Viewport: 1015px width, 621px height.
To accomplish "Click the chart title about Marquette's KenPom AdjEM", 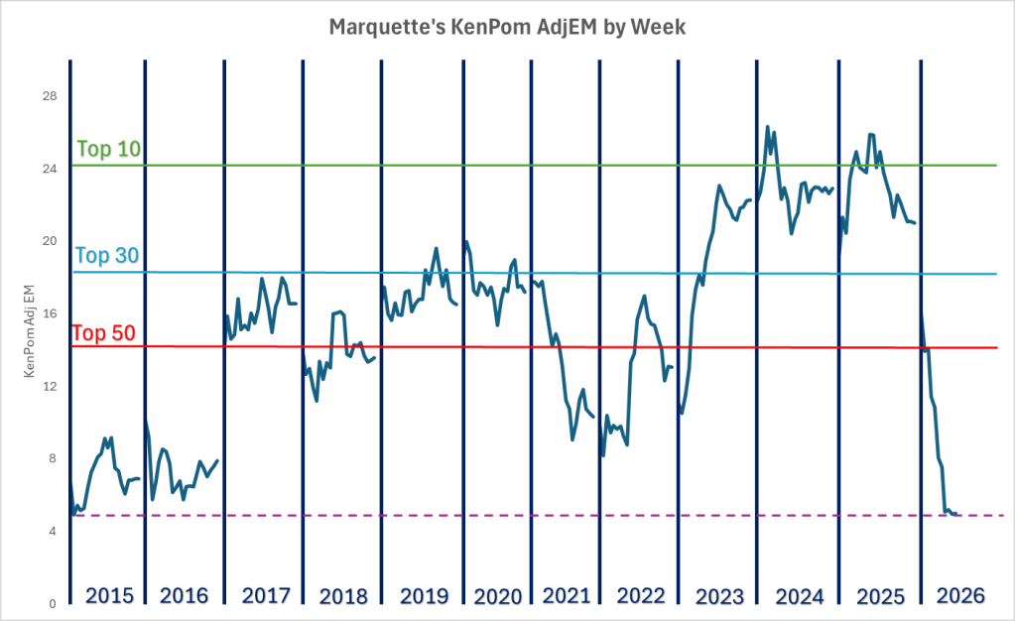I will tap(507, 28).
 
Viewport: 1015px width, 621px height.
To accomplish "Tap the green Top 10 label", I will tap(109, 150).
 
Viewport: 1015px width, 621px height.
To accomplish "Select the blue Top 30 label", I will tap(107, 256).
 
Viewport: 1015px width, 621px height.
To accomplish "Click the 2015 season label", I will tap(108, 596).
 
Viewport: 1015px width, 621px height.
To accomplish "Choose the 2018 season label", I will tap(343, 596).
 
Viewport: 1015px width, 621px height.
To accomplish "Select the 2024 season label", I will tap(800, 596).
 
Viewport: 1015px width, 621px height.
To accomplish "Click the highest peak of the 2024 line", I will tap(767, 127).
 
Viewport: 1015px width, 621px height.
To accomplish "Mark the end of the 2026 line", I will tap(956, 515).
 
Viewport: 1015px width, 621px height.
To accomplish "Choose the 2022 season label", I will tap(641, 596).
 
